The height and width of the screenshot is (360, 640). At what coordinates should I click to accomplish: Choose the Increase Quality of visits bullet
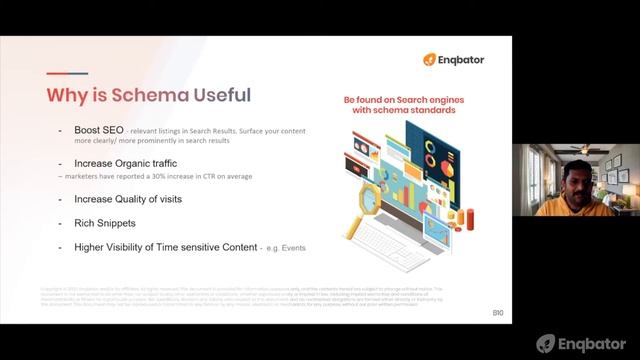pos(128,198)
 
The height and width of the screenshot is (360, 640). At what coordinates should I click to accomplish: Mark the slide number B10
pos(497,313)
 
